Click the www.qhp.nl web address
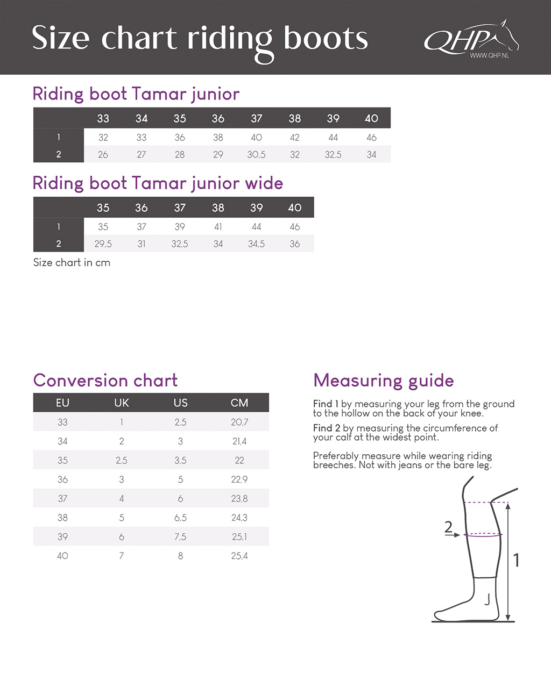[489, 55]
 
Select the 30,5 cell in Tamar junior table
[256, 154]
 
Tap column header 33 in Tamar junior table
[103, 118]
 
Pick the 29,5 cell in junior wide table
[103, 243]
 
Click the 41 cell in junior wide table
[218, 227]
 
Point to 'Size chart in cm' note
[72, 263]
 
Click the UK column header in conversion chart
[122, 403]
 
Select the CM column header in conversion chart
[239, 403]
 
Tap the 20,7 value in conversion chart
[239, 422]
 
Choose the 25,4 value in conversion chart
[239, 556]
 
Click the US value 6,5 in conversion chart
[180, 518]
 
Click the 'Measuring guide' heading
[383, 381]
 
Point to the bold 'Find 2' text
[327, 428]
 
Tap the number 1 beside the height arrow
[516, 561]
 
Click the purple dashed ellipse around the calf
[483, 535]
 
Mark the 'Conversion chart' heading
[105, 381]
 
